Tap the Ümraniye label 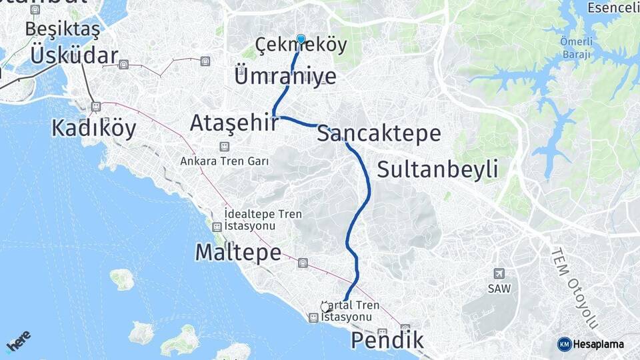285,76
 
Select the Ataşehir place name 233,123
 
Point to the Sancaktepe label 379,133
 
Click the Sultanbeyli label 437,169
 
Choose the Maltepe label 237,252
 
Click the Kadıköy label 94,128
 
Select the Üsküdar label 74,56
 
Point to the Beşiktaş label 63,29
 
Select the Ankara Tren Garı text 224,161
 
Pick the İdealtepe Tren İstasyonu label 263,220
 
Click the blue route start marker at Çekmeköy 301,39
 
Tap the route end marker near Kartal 325,307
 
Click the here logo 19,341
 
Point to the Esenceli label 613,8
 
